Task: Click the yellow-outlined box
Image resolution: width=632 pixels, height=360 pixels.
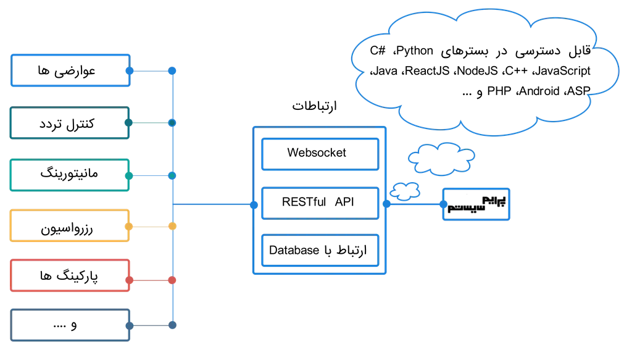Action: (x=70, y=225)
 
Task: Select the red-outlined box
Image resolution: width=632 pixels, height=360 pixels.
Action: (x=70, y=275)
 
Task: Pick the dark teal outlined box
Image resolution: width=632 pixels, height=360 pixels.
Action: (x=70, y=123)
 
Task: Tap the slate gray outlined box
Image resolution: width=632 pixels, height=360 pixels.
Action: (x=70, y=325)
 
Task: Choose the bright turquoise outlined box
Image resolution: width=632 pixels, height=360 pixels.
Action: (x=70, y=175)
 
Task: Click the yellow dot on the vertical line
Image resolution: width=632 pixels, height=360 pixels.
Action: (x=172, y=226)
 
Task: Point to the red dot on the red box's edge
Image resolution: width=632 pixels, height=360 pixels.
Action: (x=129, y=280)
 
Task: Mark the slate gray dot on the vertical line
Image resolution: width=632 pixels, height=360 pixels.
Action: (x=172, y=325)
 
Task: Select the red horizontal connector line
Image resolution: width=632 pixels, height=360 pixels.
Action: (x=151, y=280)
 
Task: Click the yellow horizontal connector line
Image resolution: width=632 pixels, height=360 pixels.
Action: (x=151, y=226)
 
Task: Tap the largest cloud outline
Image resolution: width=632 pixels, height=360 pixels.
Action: (x=484, y=71)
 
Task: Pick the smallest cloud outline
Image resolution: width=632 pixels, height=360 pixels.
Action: (x=405, y=191)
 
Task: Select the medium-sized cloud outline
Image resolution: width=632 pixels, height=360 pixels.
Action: (x=441, y=159)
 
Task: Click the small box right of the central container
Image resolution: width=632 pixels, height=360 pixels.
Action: (x=476, y=204)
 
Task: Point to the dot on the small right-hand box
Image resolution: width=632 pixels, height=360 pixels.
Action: (x=443, y=204)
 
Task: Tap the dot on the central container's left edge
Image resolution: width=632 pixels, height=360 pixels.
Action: (x=254, y=205)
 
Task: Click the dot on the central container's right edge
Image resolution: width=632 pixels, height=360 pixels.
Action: (x=386, y=204)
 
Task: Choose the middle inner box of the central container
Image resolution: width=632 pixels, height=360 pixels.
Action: (x=320, y=203)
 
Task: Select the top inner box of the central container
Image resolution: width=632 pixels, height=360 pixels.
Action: (x=320, y=154)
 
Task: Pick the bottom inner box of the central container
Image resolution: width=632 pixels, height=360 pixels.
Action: (x=320, y=250)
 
